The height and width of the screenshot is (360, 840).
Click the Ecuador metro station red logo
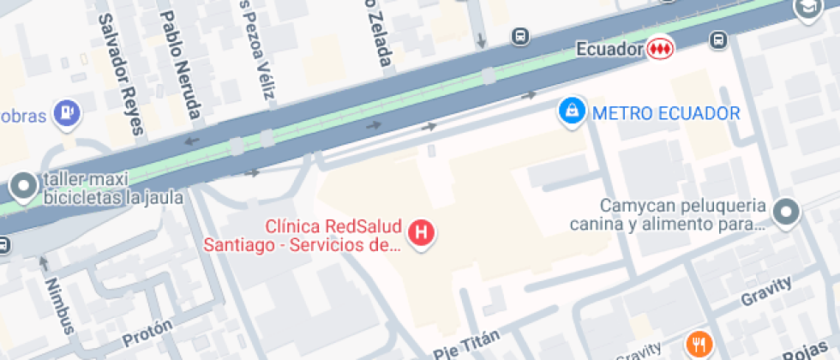tap(660, 49)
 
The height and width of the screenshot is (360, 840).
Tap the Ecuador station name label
tap(609, 50)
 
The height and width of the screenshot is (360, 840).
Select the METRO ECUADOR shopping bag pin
tap(570, 111)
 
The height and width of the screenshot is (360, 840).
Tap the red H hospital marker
tap(421, 232)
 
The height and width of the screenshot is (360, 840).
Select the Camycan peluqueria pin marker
tap(785, 211)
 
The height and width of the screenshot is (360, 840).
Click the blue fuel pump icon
tap(67, 111)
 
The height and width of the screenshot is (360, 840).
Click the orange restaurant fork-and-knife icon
tap(700, 345)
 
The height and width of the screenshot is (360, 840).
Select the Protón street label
tap(147, 332)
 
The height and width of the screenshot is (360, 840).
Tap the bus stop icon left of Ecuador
tap(519, 37)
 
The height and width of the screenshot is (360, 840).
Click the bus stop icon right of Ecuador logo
tap(718, 39)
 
